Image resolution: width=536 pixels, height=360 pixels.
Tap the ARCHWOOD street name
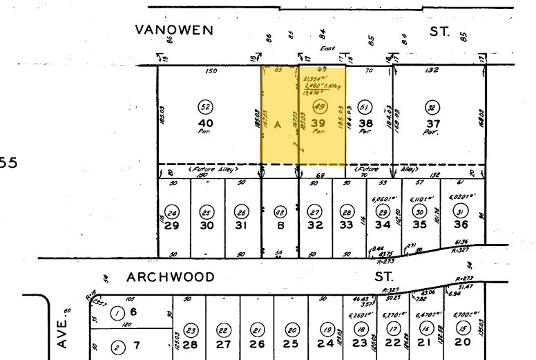(x=171, y=277)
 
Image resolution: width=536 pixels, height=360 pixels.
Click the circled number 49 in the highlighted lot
(x=319, y=106)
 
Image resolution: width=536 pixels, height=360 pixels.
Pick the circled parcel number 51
(x=366, y=106)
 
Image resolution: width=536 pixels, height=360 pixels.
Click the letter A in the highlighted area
(x=278, y=124)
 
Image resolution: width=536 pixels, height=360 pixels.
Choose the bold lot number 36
(x=460, y=225)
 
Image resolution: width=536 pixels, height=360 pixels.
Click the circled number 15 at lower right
(x=462, y=328)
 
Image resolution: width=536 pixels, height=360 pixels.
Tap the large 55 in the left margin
(x=8, y=163)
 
